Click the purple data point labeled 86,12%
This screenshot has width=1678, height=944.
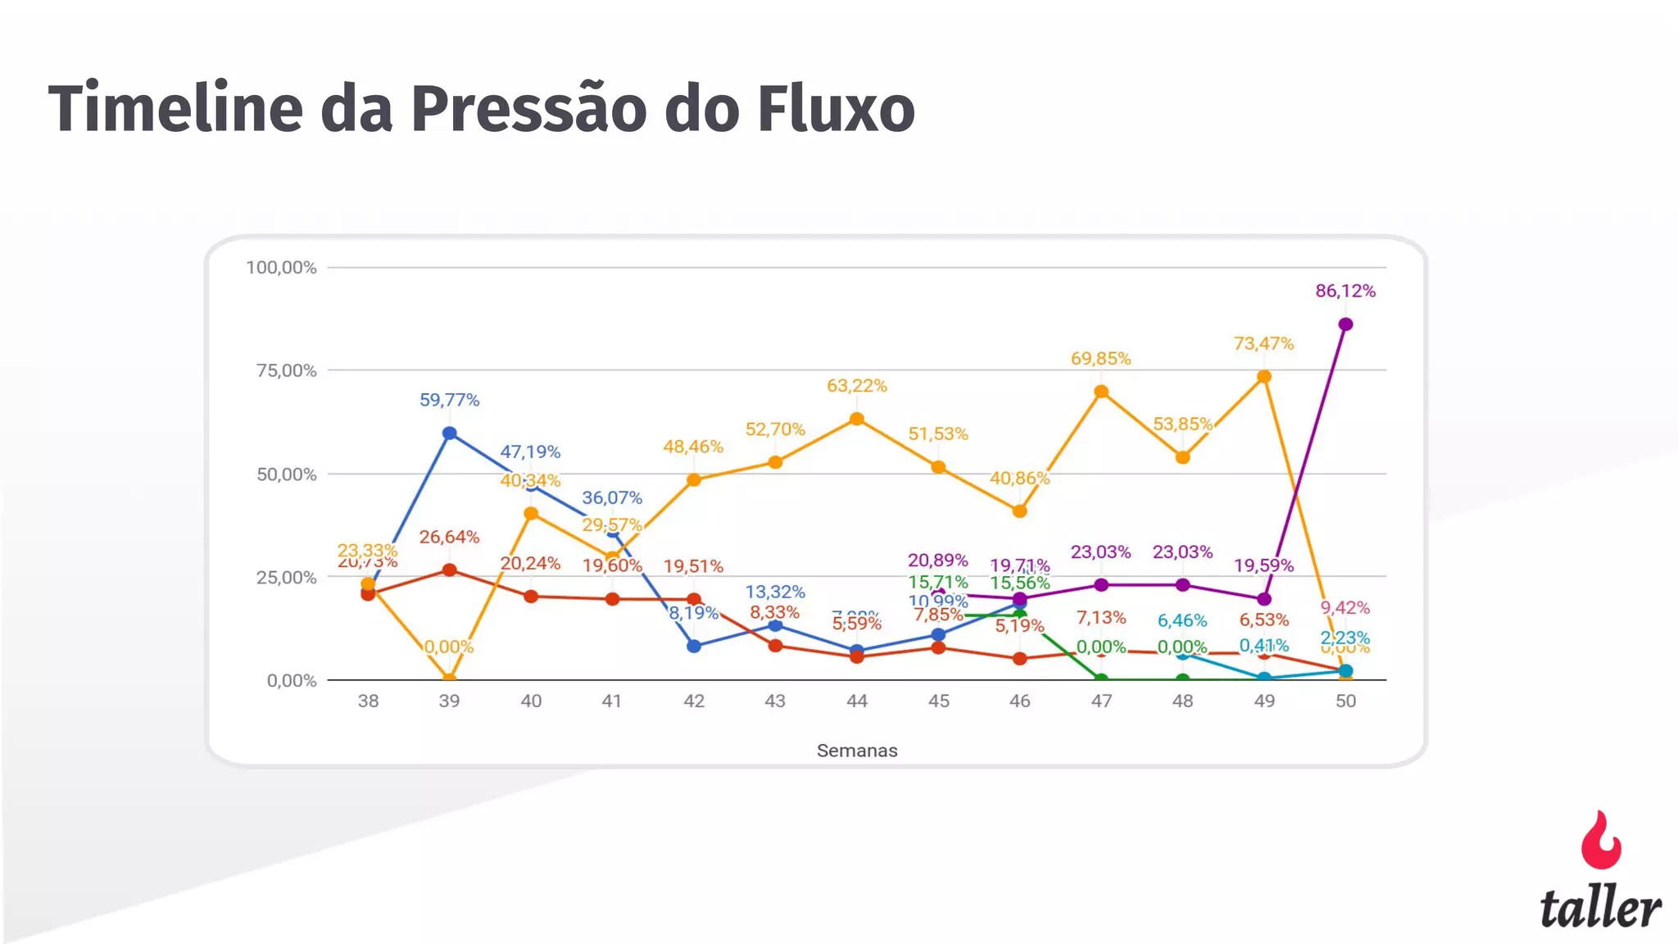1345,324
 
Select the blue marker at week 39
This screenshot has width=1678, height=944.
449,433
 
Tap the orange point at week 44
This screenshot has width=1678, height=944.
857,419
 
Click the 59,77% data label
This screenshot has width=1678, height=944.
449,400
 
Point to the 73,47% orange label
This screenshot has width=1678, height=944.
1263,343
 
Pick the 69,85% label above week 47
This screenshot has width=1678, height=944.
1100,358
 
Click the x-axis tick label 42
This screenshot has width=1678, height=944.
694,701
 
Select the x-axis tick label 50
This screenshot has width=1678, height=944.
1345,701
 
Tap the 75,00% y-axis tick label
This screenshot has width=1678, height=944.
286,370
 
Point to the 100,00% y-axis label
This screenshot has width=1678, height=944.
281,267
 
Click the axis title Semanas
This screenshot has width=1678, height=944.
857,751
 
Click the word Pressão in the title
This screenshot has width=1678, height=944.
528,108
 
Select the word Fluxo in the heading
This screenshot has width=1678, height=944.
836,108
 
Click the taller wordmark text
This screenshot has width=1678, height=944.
1600,908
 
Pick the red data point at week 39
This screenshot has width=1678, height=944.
449,570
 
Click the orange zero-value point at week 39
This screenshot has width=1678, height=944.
449,678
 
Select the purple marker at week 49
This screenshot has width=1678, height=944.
1264,599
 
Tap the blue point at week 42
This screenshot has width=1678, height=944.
694,646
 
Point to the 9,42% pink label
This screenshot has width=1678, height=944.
1345,608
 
